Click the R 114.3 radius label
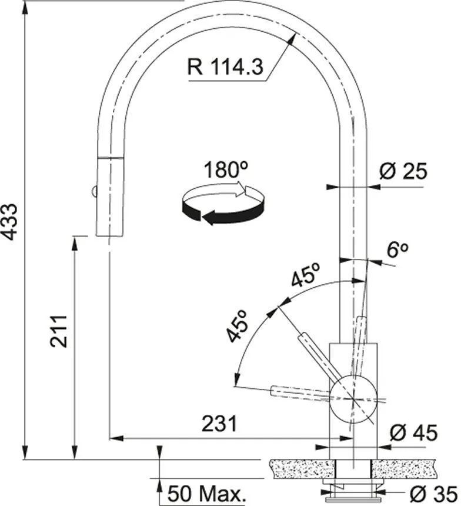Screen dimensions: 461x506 (x=225, y=67)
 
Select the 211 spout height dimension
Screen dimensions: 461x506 (x=59, y=332)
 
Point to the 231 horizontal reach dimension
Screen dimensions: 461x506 (x=219, y=424)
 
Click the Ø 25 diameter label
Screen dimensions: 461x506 (x=403, y=171)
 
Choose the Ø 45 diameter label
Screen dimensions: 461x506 (x=414, y=432)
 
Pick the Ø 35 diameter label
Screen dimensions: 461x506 (x=433, y=494)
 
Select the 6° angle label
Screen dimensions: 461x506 (x=397, y=250)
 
